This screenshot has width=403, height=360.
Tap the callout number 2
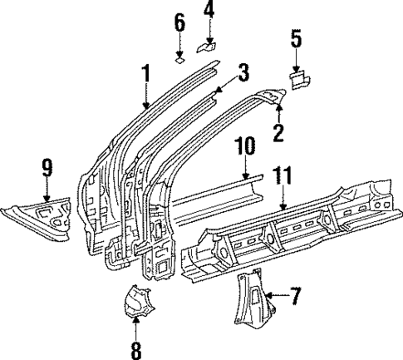click(278, 131)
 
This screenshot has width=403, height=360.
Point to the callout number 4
click(209, 12)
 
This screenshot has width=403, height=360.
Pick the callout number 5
click(297, 38)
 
